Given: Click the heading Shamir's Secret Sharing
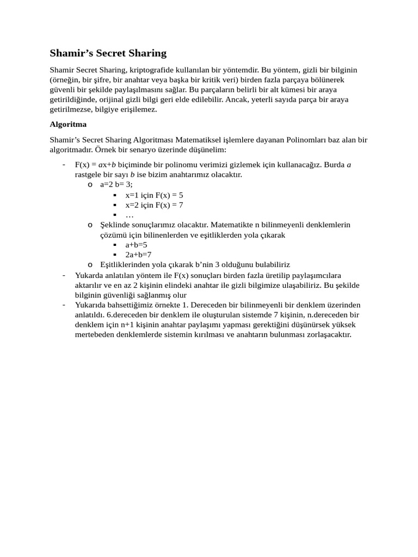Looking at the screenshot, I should point(108,53).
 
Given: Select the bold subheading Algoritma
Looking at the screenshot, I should point(68,124).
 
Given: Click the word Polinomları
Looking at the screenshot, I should point(300,140).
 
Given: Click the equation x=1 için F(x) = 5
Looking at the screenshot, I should point(154,195).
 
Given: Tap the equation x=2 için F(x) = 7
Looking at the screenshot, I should point(154,205).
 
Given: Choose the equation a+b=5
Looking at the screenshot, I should point(136,245).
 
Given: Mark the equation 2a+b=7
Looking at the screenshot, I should point(138,255).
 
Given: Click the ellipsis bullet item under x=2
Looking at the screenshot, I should point(130,214).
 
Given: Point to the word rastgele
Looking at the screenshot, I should point(91,175).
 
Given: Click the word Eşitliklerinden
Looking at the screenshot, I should point(126,264).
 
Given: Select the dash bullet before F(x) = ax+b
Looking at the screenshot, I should point(64,165).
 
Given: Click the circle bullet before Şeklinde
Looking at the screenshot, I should point(90,225).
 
